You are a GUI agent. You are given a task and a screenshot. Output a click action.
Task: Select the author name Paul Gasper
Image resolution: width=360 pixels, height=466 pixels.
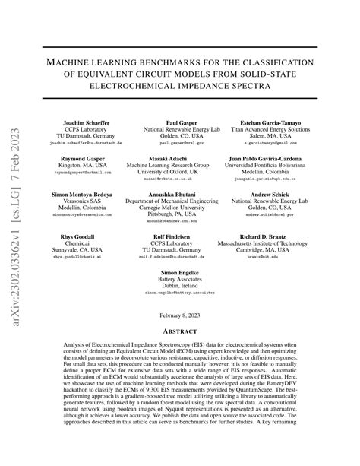180,122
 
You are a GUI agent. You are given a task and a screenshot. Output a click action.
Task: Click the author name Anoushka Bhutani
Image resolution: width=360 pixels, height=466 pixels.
180,194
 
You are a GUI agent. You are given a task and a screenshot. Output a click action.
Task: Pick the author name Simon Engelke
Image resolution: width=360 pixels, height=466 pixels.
180,272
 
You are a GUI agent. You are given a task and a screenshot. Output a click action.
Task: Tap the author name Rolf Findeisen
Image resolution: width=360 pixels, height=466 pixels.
180,236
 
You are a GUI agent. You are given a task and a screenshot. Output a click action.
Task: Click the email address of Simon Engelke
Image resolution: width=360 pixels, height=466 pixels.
180,293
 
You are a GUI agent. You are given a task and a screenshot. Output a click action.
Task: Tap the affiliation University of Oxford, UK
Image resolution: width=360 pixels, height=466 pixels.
180,172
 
